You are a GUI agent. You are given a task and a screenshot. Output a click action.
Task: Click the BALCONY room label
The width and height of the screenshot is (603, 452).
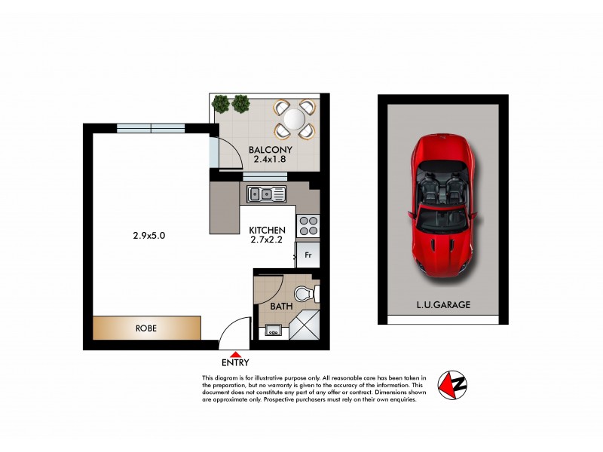[271, 150]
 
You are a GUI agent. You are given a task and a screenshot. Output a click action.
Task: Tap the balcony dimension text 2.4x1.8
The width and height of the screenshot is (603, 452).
[271, 160]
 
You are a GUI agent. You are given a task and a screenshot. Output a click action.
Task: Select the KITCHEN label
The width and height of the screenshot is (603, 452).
[268, 230]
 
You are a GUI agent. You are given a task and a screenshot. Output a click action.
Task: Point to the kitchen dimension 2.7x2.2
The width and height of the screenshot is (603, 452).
[268, 240]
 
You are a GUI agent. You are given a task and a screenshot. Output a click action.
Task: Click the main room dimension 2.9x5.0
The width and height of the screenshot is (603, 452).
[148, 235]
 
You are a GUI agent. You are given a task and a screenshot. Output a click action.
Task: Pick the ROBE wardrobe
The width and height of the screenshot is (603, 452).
[147, 328]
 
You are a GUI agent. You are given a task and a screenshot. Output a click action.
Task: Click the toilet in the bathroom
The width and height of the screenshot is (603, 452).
[306, 292]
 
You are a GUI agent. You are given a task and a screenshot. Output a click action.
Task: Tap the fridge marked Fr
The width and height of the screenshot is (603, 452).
[308, 255]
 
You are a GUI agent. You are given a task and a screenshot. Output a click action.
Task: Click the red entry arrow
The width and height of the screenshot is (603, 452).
[236, 354]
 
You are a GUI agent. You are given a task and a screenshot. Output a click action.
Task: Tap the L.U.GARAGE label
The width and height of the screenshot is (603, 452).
[444, 305]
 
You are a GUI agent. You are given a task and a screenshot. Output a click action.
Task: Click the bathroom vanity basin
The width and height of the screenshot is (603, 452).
[272, 328]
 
